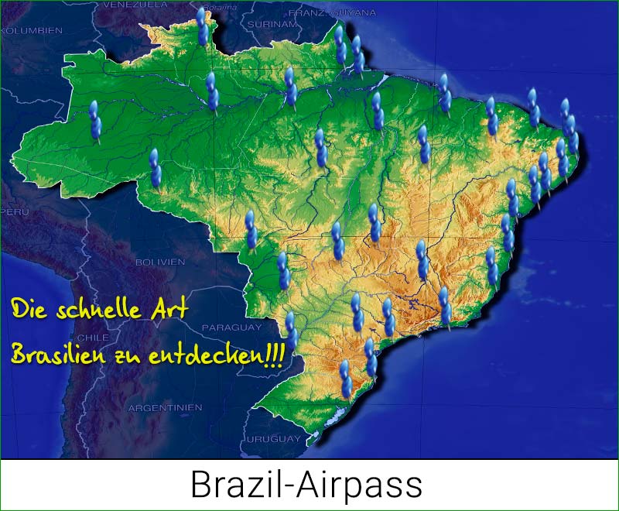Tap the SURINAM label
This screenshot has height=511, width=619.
point(272,24)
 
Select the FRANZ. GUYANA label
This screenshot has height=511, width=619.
point(332,13)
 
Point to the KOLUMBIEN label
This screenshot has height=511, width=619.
point(31,30)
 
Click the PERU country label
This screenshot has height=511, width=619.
point(15,211)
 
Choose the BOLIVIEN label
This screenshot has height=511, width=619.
point(160,262)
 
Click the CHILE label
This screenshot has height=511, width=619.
point(93,338)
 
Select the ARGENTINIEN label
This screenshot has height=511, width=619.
point(165,407)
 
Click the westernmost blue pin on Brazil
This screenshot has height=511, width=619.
point(95,122)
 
